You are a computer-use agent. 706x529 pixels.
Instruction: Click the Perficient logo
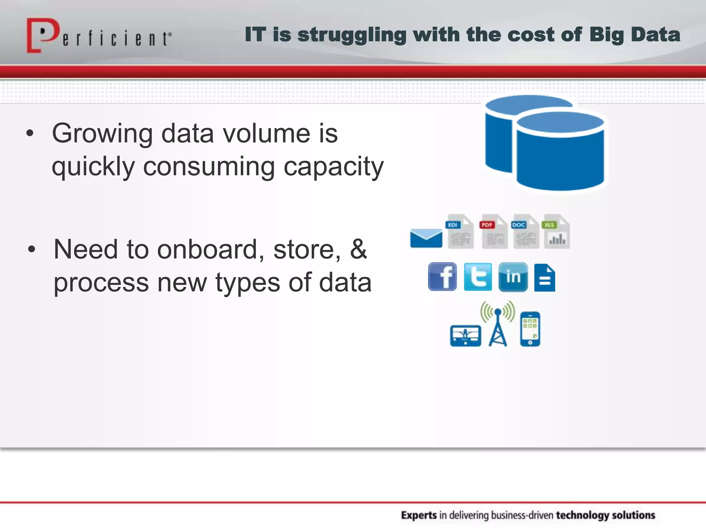click(98, 36)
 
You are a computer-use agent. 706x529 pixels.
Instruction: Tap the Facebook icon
click(442, 277)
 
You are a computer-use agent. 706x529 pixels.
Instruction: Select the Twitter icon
click(478, 277)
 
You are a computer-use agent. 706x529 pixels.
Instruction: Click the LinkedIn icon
click(513, 277)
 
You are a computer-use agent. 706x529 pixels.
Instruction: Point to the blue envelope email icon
click(426, 238)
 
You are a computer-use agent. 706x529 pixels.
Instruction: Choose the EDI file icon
click(460, 231)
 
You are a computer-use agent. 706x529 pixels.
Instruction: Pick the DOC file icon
click(525, 231)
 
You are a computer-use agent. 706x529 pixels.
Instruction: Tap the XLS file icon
click(556, 231)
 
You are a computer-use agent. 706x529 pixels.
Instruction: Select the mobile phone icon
click(530, 329)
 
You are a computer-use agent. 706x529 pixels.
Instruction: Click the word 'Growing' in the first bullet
click(102, 134)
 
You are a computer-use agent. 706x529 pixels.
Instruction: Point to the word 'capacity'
click(333, 167)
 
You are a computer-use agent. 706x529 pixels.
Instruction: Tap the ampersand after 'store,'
click(359, 249)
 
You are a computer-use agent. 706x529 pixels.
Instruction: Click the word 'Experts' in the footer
click(419, 515)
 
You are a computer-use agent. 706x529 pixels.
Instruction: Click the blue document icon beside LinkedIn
click(545, 278)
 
